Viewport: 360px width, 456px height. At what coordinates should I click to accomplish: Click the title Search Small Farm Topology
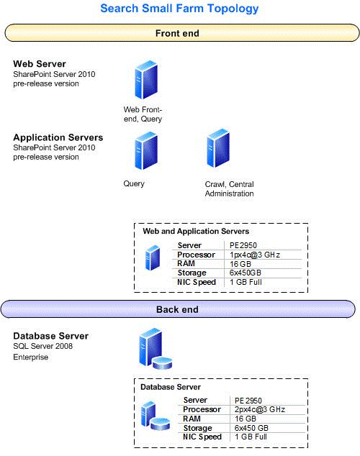[179, 9]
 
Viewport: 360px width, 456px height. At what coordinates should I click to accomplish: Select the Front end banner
[177, 33]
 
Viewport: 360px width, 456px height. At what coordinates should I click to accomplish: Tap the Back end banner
[177, 309]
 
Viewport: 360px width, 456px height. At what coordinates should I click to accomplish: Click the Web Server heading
[41, 64]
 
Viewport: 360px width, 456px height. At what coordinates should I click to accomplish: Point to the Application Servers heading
[58, 137]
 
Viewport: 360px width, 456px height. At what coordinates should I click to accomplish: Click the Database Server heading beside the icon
[51, 336]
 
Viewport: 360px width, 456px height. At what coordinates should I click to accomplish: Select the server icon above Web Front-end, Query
[143, 81]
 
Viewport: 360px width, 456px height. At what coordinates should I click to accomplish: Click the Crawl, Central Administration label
[229, 188]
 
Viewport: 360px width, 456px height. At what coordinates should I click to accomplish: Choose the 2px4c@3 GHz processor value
[259, 409]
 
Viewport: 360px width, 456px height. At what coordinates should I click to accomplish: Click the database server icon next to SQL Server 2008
[153, 348]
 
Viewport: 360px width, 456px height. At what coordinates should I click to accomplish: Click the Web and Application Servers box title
[196, 232]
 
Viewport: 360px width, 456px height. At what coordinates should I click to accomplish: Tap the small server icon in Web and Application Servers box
[153, 257]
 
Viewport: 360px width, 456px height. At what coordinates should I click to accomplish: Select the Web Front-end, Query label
[143, 114]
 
